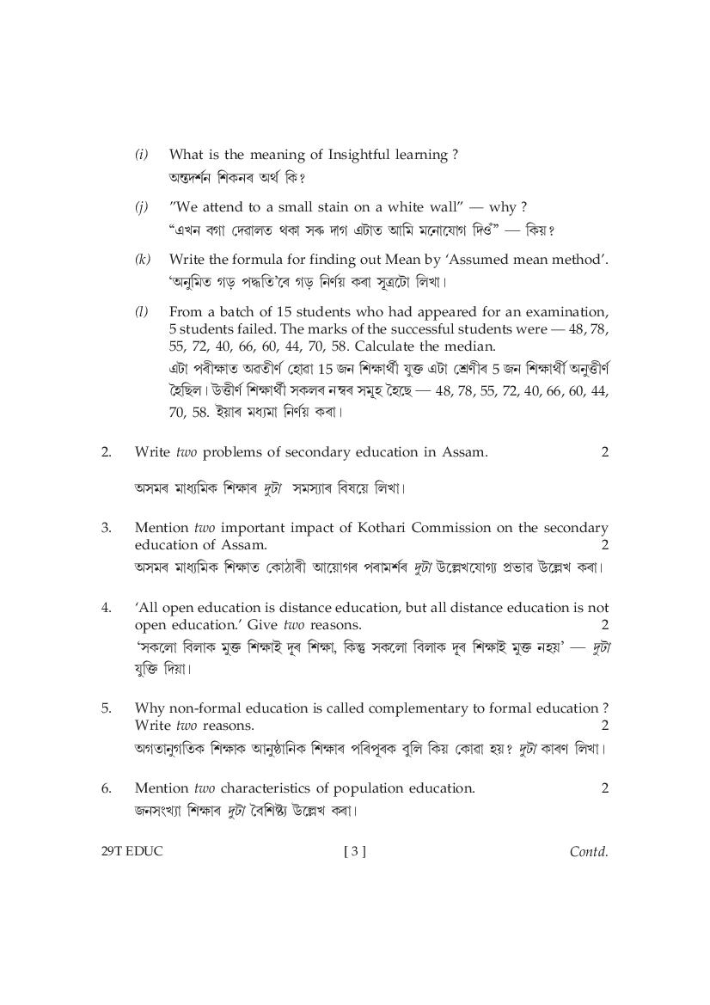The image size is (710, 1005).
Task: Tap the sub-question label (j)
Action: [142, 207]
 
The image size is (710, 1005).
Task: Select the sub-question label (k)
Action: [143, 259]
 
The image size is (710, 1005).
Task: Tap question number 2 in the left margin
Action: [106, 451]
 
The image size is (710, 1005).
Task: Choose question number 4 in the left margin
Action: [106, 607]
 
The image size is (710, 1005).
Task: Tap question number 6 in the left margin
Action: [106, 787]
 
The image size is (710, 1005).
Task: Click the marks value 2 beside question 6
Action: [604, 787]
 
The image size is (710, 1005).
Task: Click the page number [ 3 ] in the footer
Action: [354, 852]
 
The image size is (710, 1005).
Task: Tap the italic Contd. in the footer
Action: [589, 852]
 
